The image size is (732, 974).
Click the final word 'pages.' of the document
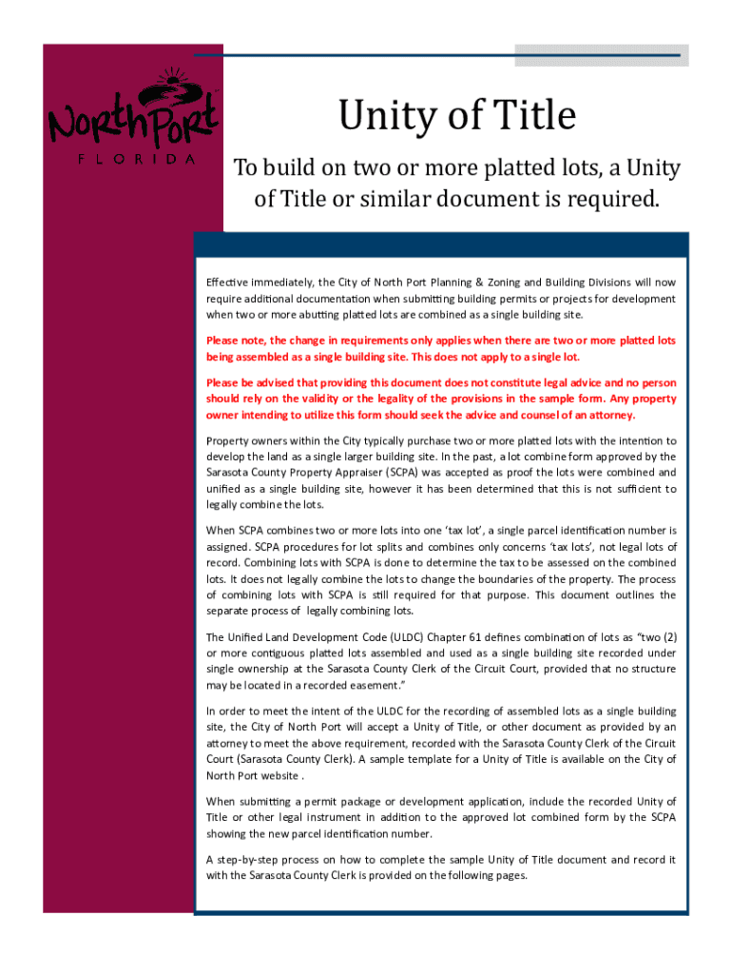[x=510, y=875]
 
